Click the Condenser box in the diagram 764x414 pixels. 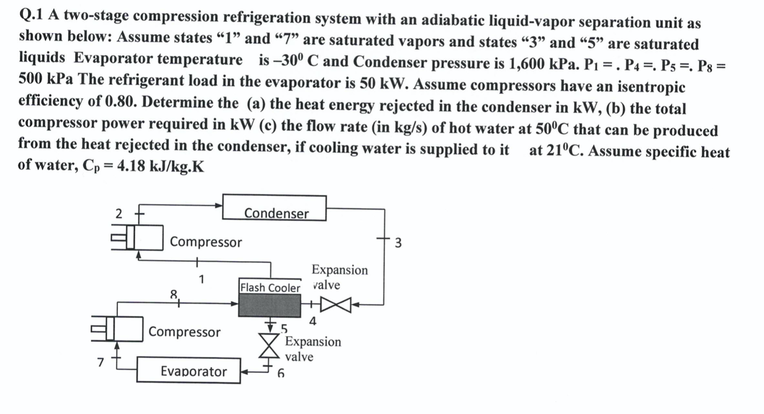pos(274,208)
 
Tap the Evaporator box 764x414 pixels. pos(189,370)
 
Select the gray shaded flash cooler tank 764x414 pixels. pos(270,306)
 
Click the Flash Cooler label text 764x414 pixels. pos(270,288)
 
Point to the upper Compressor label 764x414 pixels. pos(206,242)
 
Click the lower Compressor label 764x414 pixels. pos(184,332)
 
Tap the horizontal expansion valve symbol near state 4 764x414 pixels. pos(338,305)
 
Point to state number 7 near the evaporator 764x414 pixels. pos(101,362)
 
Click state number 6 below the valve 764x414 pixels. pos(280,373)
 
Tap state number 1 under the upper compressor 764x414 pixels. pos(202,279)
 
